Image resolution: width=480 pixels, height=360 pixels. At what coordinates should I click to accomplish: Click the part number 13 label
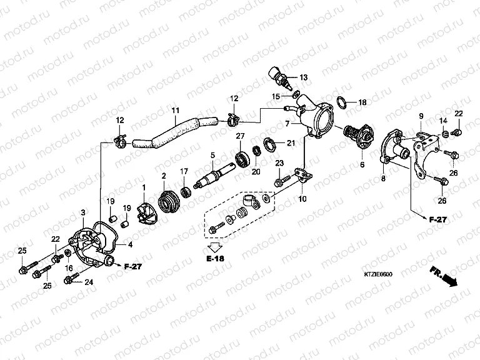coord(304,77)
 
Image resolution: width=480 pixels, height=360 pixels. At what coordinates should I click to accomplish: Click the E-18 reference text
coord(214,257)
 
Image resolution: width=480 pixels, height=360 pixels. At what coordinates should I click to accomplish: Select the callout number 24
coord(89,282)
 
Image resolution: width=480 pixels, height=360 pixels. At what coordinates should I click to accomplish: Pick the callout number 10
coord(302,199)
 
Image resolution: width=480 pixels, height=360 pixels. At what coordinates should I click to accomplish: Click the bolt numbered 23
coord(281,181)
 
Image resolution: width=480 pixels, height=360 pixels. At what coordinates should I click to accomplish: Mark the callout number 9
coord(421,116)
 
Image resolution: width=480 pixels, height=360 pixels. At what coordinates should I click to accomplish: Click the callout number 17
coord(184,171)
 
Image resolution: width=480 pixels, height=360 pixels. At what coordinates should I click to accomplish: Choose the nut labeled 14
coord(444,134)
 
